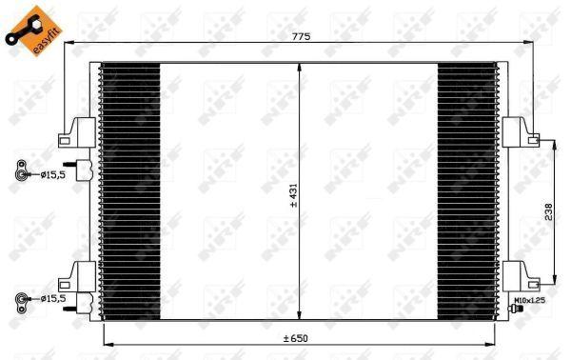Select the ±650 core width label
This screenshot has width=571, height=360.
pos(295,338)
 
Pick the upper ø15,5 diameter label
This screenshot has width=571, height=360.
pos(51,174)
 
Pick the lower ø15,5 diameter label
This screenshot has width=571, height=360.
pos(52,299)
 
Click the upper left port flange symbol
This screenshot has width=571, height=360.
pos(20,174)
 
